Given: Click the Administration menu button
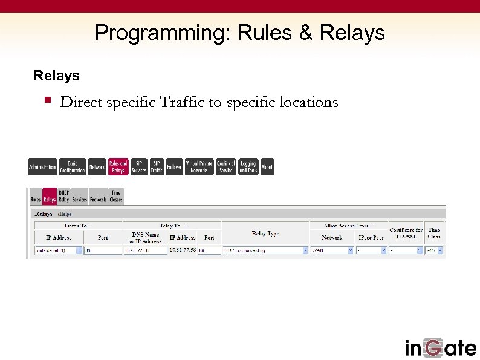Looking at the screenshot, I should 42,167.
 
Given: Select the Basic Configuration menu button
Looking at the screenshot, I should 73,167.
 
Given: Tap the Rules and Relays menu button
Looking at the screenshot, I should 118,167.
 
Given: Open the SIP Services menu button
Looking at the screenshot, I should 139,167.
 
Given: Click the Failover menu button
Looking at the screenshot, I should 174,167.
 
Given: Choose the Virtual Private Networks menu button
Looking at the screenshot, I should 199,167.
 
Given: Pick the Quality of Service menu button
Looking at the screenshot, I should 226,167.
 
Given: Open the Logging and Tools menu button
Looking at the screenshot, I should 248,167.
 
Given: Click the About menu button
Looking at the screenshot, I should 267,167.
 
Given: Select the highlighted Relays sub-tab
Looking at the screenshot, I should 50,199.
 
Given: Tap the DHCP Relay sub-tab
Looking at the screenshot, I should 63,196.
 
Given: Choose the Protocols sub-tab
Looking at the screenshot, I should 99,199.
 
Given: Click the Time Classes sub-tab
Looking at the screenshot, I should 116,196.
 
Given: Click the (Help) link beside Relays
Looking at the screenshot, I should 64,214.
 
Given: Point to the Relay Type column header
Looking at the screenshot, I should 265,234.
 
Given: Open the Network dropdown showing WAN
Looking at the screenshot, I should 332,250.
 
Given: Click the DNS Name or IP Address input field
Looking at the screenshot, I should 145,250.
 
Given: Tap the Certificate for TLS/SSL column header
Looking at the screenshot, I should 406,234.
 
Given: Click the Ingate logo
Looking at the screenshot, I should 440,347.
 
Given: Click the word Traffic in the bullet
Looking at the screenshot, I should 181,102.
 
